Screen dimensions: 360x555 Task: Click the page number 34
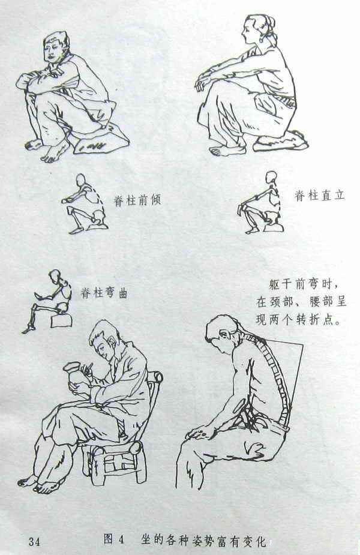[35, 541]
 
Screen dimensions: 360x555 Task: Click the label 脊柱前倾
[137, 200]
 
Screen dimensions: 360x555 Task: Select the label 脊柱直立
[320, 195]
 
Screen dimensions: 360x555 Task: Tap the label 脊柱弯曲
[104, 293]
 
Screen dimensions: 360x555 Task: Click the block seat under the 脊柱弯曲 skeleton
[62, 320]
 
